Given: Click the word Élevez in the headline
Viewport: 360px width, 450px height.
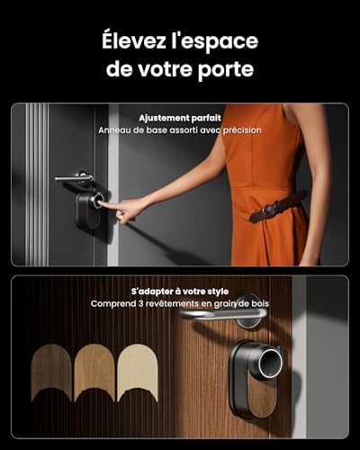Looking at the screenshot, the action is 134,40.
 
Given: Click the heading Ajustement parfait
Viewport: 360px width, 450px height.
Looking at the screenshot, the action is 180,118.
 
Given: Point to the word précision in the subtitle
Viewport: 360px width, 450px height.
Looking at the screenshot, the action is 242,130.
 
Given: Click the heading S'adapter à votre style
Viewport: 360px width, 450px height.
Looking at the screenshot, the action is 180,292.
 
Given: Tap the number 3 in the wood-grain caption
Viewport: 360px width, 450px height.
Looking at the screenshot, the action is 141,303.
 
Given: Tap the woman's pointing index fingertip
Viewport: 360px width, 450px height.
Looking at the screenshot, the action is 101,204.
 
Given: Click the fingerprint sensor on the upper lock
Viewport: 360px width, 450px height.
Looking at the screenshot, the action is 98,199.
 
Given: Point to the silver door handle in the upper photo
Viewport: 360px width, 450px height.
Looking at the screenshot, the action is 74,177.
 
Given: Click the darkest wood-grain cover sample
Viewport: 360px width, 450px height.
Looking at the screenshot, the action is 51,373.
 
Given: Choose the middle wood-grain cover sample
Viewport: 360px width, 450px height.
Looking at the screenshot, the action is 94,373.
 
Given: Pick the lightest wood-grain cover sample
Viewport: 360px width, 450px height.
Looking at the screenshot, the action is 138,373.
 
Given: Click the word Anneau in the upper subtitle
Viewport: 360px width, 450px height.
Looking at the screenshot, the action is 113,130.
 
